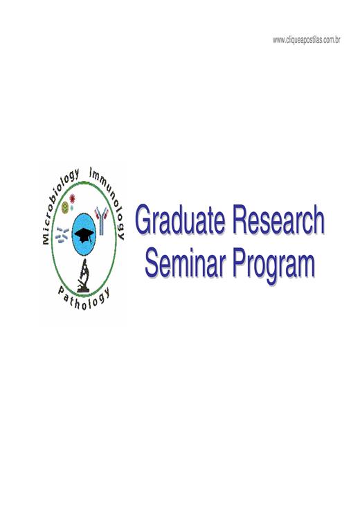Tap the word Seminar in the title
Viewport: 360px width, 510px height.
pyautogui.click(x=186, y=262)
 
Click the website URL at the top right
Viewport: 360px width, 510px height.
pyautogui.click(x=307, y=40)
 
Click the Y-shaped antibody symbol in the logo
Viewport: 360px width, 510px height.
pyautogui.click(x=101, y=220)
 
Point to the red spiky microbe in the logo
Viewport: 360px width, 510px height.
pyautogui.click(x=72, y=197)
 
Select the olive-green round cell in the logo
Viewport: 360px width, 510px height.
pyautogui.click(x=65, y=207)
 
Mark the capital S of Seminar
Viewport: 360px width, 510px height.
pyautogui.click(x=154, y=263)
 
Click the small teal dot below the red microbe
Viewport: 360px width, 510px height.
pyautogui.click(x=72, y=206)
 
